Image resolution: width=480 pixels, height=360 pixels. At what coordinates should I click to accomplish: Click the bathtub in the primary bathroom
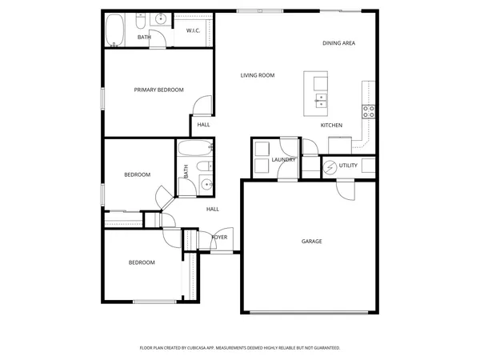(116, 29)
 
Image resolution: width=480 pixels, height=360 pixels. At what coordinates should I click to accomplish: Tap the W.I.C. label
(193, 30)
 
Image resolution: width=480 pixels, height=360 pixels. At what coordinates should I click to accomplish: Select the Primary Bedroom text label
(158, 90)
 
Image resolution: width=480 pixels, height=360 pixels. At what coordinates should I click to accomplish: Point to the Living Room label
(258, 75)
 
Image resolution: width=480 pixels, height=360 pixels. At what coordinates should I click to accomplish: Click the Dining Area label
(338, 43)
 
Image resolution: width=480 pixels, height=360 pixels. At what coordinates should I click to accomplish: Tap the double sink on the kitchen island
(321, 100)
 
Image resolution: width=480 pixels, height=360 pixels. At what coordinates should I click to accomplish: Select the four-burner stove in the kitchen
(370, 111)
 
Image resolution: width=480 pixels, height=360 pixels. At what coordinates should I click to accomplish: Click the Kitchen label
(331, 126)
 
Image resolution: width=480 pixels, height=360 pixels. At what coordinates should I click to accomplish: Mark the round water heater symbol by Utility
(330, 166)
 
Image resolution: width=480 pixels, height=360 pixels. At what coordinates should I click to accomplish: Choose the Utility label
(348, 166)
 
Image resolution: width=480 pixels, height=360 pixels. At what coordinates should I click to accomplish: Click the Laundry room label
(284, 160)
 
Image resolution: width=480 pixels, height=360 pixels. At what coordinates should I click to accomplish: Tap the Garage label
(311, 241)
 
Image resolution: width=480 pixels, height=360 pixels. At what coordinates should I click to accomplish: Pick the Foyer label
(219, 238)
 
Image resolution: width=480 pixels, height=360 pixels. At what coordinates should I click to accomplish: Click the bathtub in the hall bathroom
(194, 148)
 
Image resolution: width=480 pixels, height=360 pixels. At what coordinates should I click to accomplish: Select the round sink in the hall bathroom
(206, 185)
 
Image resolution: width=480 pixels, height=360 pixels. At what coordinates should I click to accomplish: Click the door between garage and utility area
(346, 190)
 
